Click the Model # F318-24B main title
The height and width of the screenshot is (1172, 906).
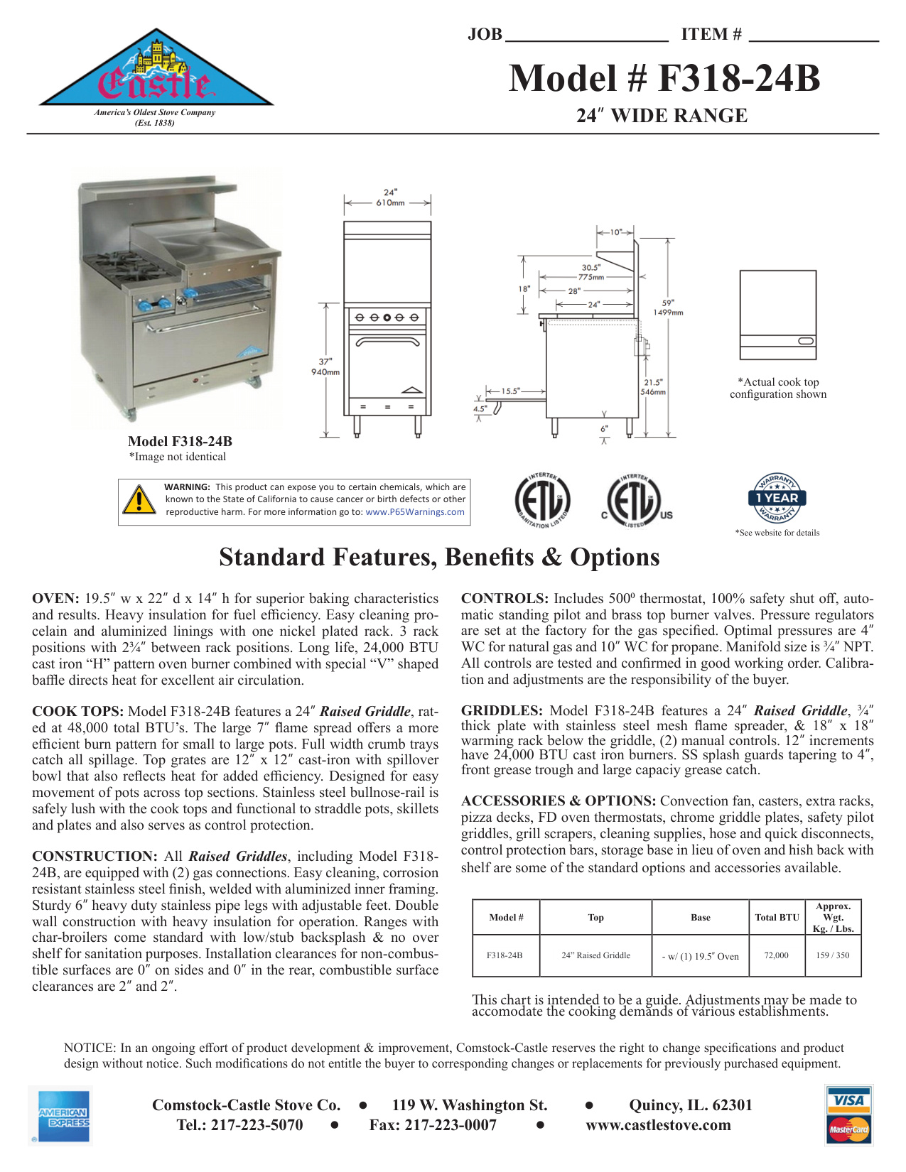tap(664, 78)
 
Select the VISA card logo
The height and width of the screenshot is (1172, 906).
tap(849, 1101)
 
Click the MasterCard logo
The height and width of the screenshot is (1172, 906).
tap(849, 1129)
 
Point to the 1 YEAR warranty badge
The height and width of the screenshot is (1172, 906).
tap(777, 498)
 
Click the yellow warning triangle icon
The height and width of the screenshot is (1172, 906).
tap(139, 500)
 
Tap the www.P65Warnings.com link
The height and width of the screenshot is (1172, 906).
tap(415, 512)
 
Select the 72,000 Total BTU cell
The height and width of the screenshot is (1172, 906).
tap(776, 955)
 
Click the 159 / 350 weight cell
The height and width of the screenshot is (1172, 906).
tap(833, 955)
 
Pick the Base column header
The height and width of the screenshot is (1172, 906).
tap(700, 918)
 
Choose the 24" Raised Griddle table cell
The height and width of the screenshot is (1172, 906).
tap(595, 955)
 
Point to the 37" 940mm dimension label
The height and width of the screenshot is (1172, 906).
tap(325, 367)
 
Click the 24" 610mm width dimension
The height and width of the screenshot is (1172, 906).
tap(390, 197)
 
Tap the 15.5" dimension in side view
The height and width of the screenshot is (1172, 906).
tap(510, 391)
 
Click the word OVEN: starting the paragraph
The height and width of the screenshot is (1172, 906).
tap(55, 599)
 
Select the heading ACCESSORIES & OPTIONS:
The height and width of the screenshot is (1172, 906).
tap(559, 801)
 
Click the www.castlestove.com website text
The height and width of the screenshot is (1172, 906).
tap(658, 1125)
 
